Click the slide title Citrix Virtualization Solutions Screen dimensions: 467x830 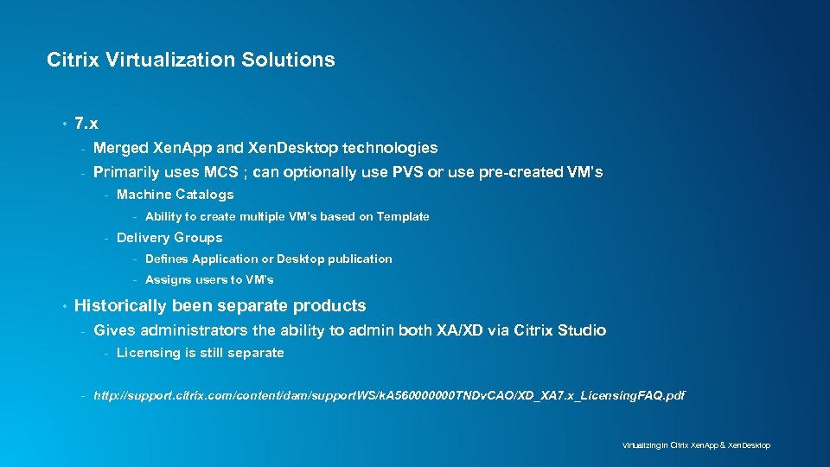click(x=190, y=61)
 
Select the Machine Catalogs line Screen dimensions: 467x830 click(x=175, y=195)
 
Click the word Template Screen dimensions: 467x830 click(x=402, y=217)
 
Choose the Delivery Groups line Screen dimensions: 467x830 click(x=169, y=238)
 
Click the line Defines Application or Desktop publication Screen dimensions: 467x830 click(x=268, y=259)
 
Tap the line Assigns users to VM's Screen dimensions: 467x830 click(x=209, y=279)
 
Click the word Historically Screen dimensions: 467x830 click(x=121, y=305)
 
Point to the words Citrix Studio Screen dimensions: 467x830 click(x=559, y=330)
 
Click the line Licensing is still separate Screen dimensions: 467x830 click(x=200, y=353)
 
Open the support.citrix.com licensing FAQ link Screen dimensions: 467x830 click(x=389, y=395)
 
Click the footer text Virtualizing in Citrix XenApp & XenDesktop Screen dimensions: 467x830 click(x=696, y=445)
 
